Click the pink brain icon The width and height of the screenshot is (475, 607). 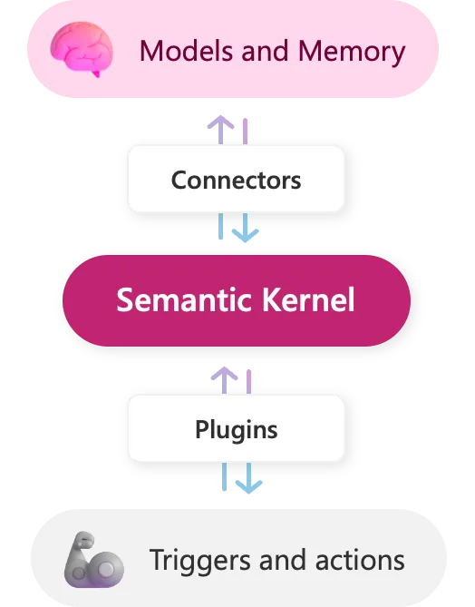point(82,49)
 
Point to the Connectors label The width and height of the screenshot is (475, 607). point(236,179)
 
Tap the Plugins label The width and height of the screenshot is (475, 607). point(236,428)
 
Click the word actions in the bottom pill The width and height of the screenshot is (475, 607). point(359,560)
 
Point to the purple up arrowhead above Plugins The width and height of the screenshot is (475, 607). point(224,372)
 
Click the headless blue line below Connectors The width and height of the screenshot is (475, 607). point(220,226)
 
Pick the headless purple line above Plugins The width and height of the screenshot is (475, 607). point(248,380)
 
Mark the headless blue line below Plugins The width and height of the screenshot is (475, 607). point(224,476)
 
